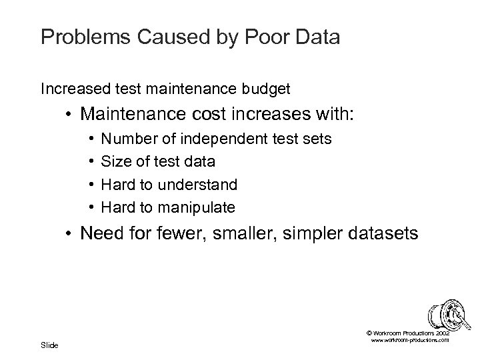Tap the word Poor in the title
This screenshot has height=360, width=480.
click(261, 37)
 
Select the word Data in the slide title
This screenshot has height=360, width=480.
click(315, 37)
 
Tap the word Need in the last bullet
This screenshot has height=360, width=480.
click(99, 235)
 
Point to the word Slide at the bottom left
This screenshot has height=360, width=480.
click(49, 345)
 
